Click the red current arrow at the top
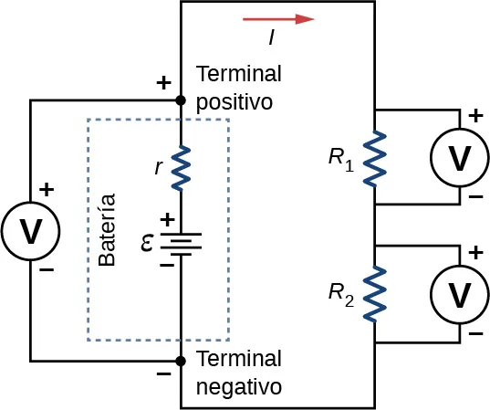[x=278, y=18]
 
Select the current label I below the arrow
[x=272, y=37]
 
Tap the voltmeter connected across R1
[x=461, y=157]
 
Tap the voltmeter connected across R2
[x=461, y=294]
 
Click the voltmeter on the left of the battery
[x=31, y=231]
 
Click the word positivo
[x=235, y=101]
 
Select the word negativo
[x=239, y=386]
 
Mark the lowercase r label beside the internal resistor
[x=160, y=167]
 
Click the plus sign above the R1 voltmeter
[x=474, y=116]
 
